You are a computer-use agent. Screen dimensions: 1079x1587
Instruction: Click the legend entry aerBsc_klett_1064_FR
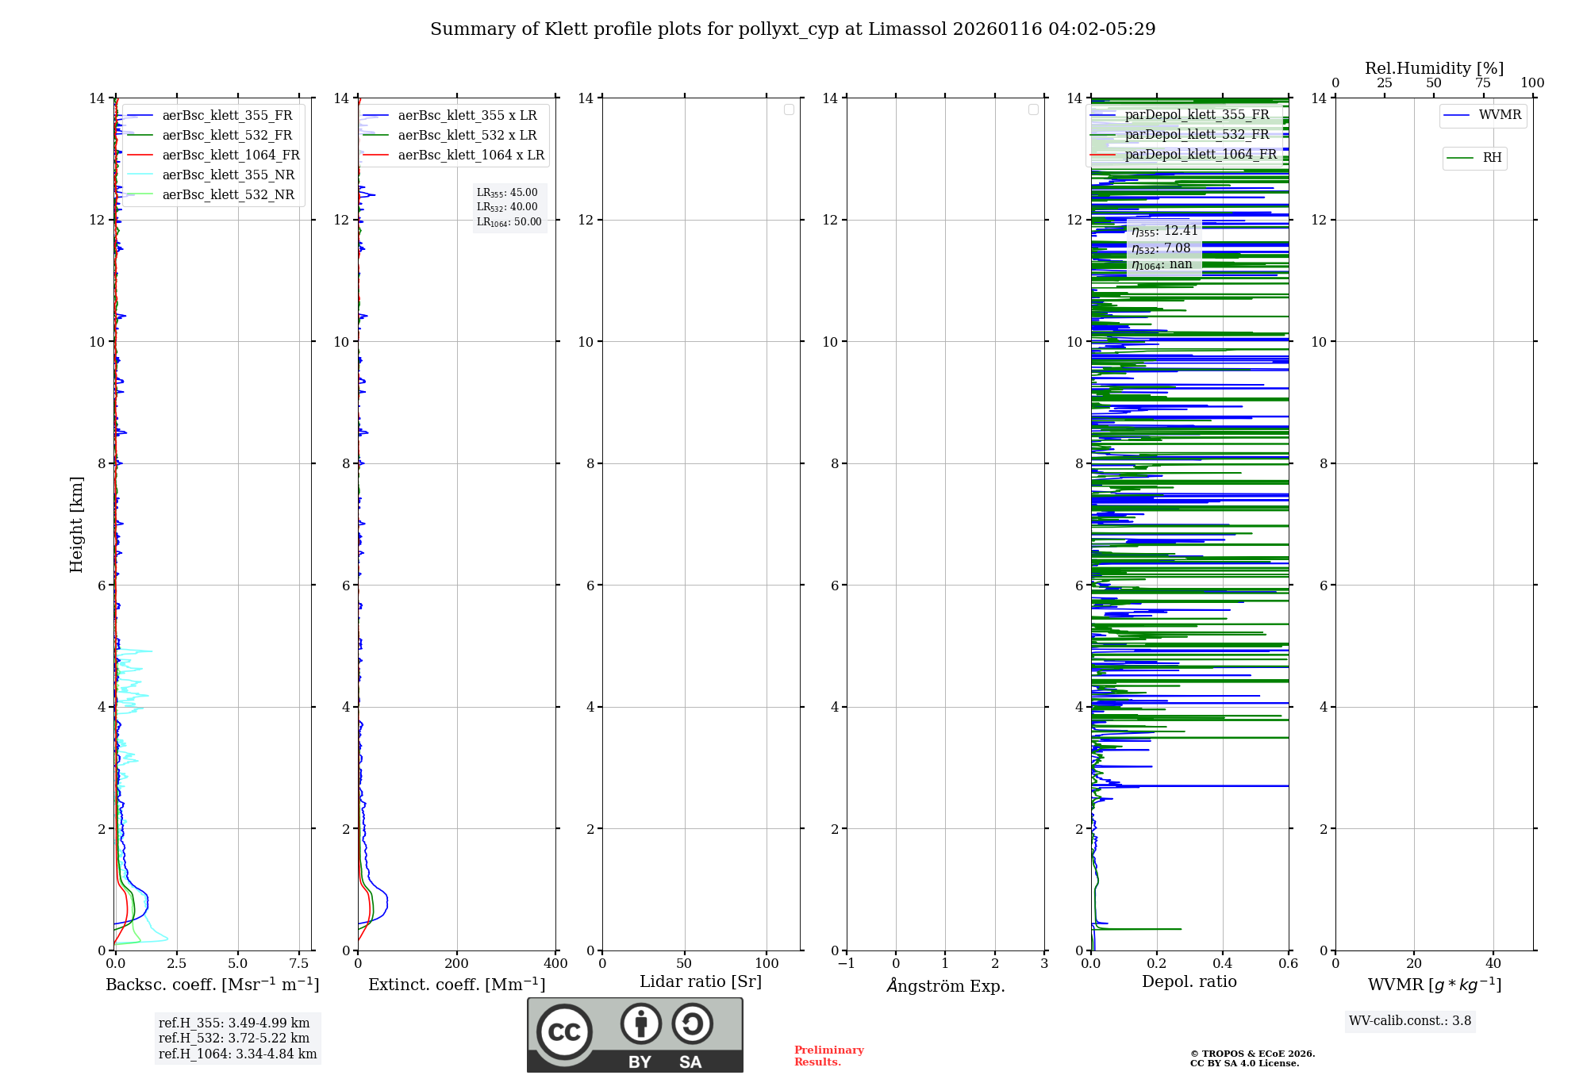(231, 156)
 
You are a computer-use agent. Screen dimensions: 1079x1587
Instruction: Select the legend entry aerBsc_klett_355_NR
(229, 175)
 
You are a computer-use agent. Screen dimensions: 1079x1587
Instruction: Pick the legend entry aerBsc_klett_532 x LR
(467, 136)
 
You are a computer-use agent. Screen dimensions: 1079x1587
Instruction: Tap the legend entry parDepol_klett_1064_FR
(1201, 155)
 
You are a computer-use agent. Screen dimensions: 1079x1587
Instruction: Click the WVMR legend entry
(1500, 115)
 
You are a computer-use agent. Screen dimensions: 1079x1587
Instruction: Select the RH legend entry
(1492, 158)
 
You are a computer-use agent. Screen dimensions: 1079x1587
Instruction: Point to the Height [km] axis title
(76, 524)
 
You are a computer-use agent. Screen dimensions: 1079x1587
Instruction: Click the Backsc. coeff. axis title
(213, 985)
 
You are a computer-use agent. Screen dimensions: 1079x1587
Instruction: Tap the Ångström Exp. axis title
(946, 985)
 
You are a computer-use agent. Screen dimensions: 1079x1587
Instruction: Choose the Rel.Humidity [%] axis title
(1434, 68)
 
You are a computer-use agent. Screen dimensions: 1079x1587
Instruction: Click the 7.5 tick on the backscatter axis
(299, 964)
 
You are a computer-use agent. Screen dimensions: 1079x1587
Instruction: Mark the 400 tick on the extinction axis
(555, 964)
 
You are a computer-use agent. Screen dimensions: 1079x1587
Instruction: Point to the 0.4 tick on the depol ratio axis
(1223, 964)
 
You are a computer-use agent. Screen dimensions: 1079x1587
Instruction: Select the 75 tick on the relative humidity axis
(1483, 83)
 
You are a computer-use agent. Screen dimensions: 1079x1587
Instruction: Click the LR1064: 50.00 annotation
(509, 222)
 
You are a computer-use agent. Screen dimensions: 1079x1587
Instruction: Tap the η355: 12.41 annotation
(1164, 231)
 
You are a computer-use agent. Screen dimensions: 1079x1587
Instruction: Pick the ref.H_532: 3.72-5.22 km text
(234, 1039)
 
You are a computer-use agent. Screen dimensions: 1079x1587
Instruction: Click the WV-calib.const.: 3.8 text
(1410, 1021)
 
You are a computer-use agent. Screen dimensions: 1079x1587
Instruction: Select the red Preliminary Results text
(828, 1056)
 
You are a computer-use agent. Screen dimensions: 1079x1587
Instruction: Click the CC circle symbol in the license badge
(564, 1032)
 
